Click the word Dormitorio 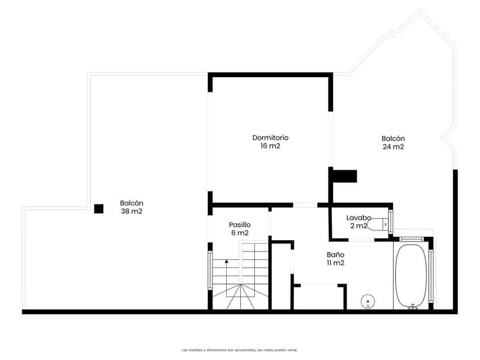270,138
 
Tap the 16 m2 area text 270,146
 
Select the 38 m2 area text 132,212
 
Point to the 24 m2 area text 393,147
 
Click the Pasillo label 240,224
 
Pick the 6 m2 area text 240,233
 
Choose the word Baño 335,254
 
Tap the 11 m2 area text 335,263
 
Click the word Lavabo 358,218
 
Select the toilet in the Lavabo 378,225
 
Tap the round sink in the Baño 367,301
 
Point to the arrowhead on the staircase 226,261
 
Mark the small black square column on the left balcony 98,208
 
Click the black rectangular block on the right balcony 344,176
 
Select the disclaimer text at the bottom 240,350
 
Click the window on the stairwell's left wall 210,270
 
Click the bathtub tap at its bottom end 412,307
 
